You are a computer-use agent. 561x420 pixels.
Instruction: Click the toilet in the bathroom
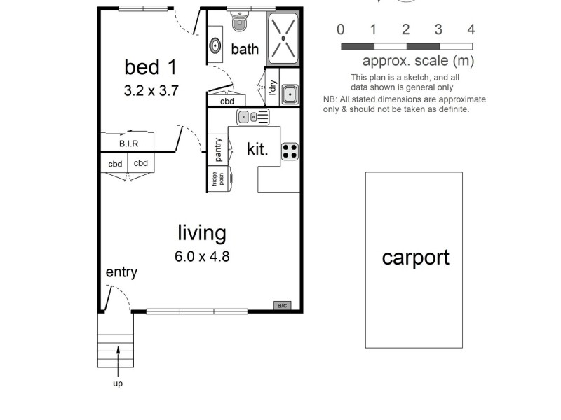coord(239,22)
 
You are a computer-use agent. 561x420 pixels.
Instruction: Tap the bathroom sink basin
coord(215,47)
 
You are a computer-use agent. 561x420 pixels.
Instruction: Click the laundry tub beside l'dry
coord(290,94)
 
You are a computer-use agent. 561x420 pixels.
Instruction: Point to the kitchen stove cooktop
coord(290,152)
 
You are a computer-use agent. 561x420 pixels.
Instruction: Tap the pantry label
coord(219,149)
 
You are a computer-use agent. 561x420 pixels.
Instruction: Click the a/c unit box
coord(283,305)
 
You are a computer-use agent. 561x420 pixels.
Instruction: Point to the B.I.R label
coord(128,143)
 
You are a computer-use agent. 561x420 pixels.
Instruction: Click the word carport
coord(415,258)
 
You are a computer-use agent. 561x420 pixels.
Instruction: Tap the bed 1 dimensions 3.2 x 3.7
coord(150,90)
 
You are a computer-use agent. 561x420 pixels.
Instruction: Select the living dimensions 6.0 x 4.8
coord(202,256)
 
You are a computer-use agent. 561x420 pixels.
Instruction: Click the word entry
coord(121,272)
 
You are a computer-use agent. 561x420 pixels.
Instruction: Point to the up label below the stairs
coord(117,384)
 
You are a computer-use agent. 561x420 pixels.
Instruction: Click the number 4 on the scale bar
coord(471,29)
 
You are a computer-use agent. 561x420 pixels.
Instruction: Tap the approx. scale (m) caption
coord(418,61)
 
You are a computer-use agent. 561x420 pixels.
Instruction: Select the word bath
coord(245,49)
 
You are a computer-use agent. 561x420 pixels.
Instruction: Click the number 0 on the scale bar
coord(340,29)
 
